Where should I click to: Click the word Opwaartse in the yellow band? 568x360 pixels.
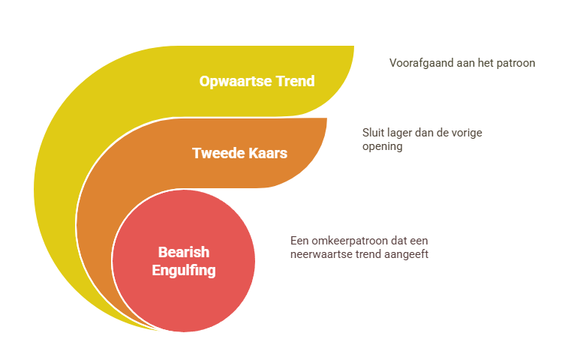click(x=236, y=82)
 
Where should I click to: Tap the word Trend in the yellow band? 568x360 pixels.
click(x=295, y=81)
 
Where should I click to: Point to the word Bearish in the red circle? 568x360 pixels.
click(x=184, y=252)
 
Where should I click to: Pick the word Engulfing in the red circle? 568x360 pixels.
click(x=184, y=271)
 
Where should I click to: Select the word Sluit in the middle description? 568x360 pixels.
click(x=373, y=133)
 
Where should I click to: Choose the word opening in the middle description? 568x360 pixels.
click(x=383, y=147)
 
